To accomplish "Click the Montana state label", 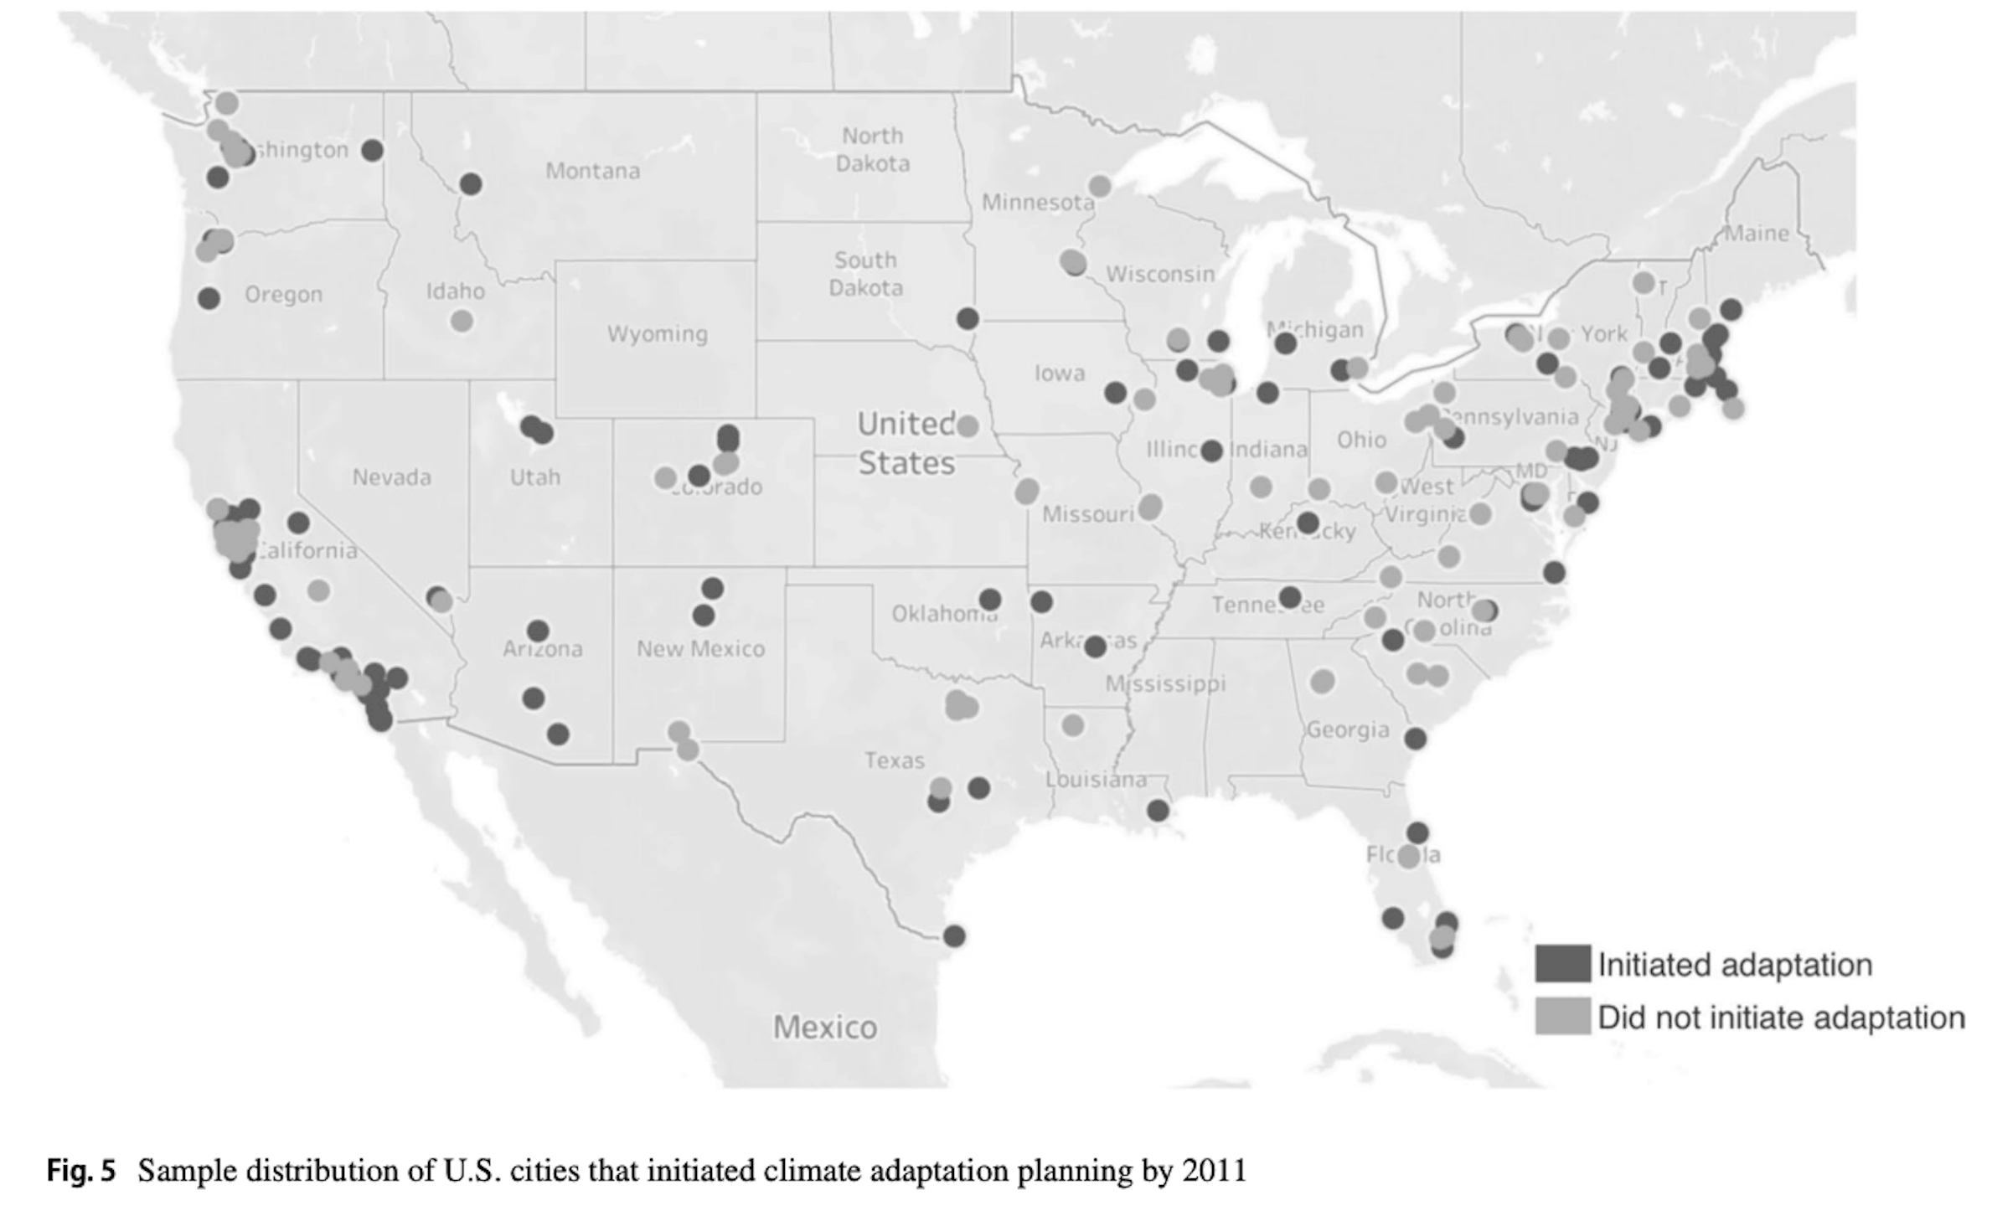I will pos(592,171).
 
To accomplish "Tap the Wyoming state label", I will pos(657,334).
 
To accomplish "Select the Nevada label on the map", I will pos(391,477).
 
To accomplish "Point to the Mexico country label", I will pos(824,1028).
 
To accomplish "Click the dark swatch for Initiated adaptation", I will pos(1562,964).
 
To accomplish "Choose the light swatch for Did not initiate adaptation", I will pos(1562,1017).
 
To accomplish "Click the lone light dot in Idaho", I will pos(462,321).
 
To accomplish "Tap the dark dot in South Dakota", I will pos(968,318).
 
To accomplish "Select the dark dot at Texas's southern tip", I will pos(954,935).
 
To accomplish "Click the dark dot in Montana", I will pos(471,183).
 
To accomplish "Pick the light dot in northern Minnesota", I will pos(1099,187).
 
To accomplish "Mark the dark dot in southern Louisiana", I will pos(1158,810).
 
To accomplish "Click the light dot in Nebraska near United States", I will pos(968,425).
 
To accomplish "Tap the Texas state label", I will pos(894,760).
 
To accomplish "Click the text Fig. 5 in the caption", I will pos(80,1170).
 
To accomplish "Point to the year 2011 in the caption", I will pos(1214,1170).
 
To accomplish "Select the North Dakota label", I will pos(872,149).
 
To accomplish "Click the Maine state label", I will pos(1756,234).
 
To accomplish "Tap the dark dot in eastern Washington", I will pos(373,151).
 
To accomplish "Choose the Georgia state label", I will pos(1347,730).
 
